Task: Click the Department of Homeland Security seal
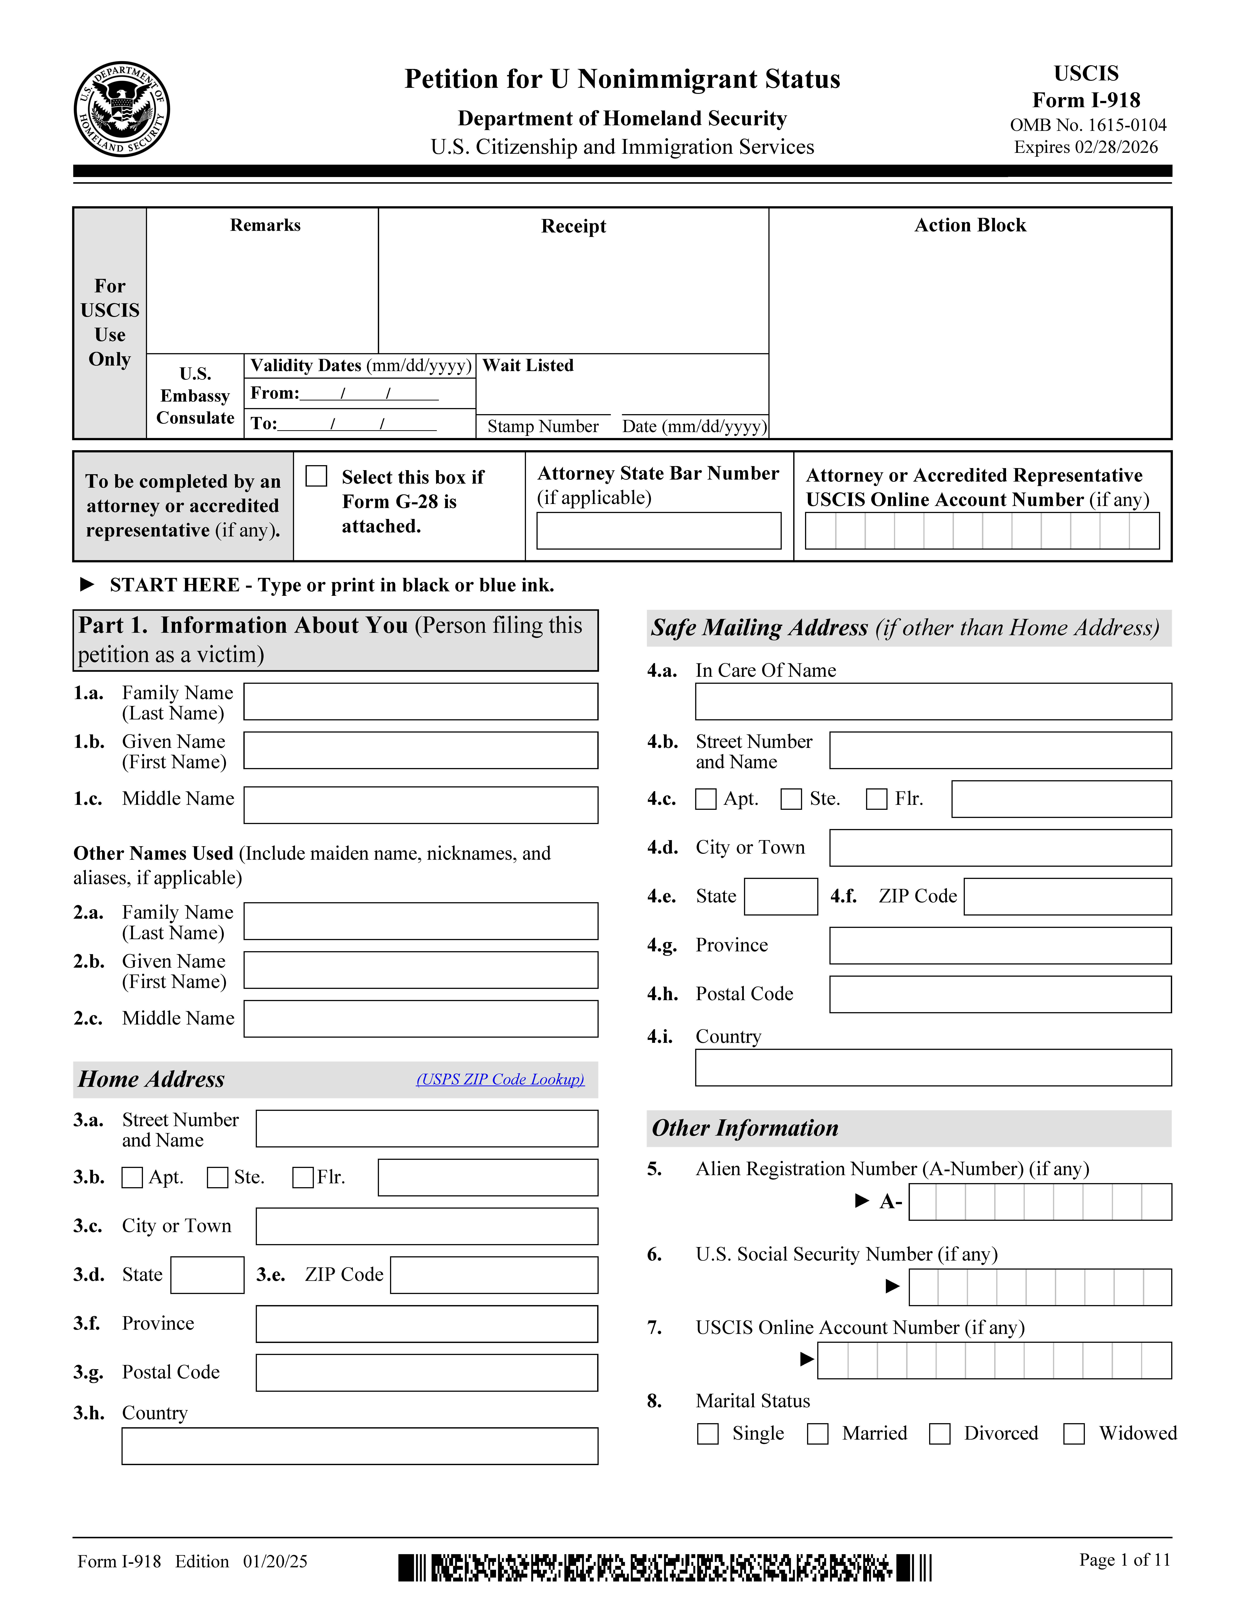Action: (x=122, y=109)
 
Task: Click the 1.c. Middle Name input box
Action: (x=420, y=805)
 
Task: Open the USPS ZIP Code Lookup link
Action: (x=500, y=1079)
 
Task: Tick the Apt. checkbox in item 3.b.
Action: (x=132, y=1177)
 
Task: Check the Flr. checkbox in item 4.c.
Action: (x=876, y=799)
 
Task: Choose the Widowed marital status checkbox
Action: (x=1074, y=1434)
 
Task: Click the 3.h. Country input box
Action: (x=360, y=1446)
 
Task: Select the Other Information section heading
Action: (x=745, y=1128)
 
